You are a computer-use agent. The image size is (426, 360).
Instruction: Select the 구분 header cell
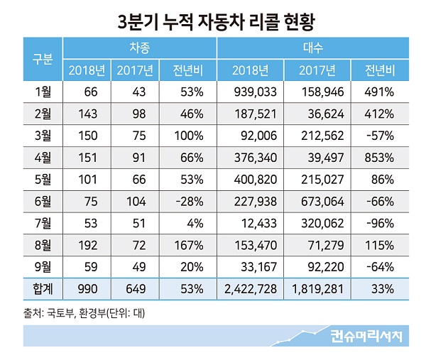point(43,58)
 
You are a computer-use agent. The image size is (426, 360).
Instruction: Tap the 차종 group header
point(139,48)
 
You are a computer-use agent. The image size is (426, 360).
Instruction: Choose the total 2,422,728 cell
point(249,289)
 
